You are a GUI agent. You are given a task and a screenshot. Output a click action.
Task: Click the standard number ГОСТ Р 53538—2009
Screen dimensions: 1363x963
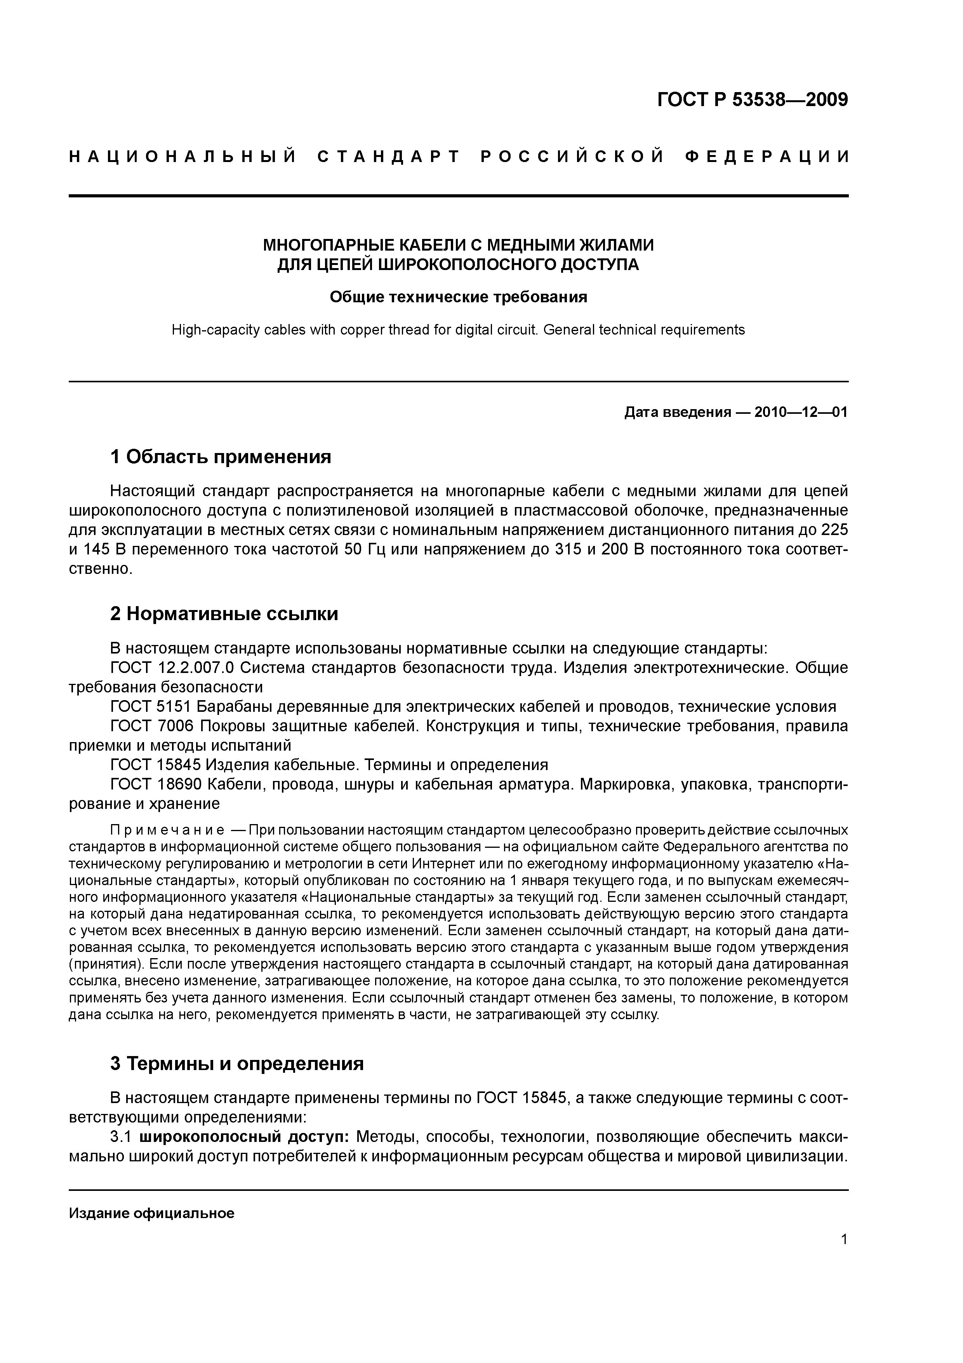pos(753,100)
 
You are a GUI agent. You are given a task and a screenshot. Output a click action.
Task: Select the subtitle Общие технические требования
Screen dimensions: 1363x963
pos(458,297)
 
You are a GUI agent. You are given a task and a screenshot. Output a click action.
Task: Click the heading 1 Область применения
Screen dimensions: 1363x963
pos(221,457)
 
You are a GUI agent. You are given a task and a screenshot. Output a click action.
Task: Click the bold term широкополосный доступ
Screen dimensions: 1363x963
pos(245,1137)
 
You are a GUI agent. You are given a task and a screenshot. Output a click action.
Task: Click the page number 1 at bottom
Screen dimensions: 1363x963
pos(844,1255)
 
